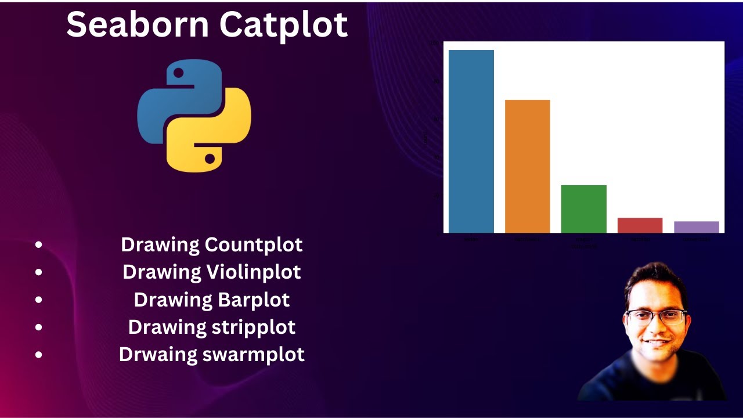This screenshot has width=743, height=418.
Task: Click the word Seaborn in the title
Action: (x=137, y=24)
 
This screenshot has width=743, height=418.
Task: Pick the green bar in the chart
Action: (x=583, y=209)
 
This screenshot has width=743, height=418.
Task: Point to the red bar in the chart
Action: (x=640, y=225)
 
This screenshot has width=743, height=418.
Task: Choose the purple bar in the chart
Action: (x=696, y=227)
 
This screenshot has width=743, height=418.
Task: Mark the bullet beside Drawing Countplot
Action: (x=38, y=245)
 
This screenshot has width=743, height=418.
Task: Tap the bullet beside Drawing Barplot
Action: (x=38, y=300)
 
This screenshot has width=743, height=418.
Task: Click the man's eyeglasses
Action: (x=656, y=317)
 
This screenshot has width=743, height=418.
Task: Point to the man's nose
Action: (x=652, y=329)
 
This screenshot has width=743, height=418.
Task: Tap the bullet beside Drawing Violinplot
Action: (x=38, y=272)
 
